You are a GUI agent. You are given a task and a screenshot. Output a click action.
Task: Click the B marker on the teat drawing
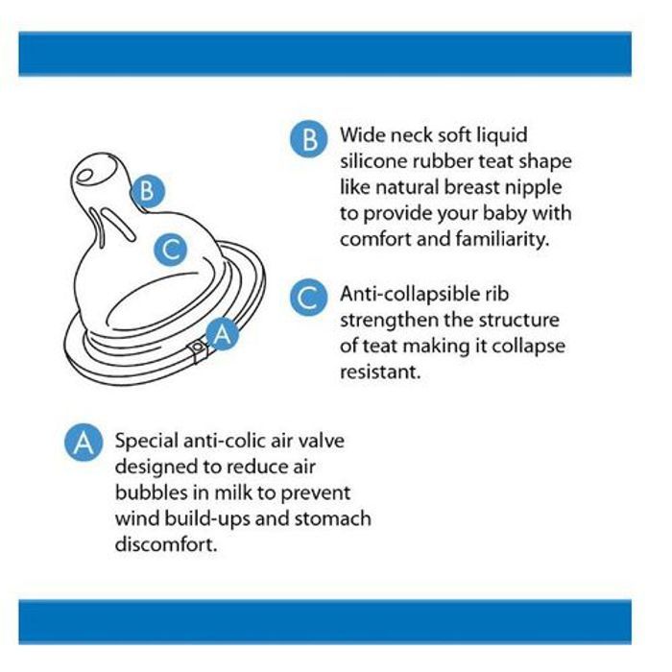tap(147, 191)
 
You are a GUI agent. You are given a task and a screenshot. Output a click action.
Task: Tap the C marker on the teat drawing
tap(171, 249)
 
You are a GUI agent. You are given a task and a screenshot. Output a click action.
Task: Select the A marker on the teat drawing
tap(222, 333)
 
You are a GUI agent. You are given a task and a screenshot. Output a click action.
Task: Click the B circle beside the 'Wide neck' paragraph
tap(308, 139)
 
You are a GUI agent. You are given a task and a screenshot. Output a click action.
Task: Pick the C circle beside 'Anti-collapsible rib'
tap(308, 297)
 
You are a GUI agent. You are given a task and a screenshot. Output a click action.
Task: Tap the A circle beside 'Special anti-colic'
tap(84, 443)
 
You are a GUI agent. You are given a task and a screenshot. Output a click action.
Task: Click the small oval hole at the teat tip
tap(84, 176)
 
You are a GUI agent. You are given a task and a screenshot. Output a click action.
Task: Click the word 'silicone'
tap(373, 161)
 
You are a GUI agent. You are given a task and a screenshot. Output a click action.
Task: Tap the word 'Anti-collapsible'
tap(410, 295)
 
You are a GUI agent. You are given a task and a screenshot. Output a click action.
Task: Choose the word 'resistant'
tap(380, 372)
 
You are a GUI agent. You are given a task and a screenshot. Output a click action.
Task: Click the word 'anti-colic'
tap(224, 441)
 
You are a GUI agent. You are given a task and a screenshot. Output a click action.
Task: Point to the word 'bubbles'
tap(152, 492)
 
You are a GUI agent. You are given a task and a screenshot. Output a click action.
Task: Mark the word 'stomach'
tap(332, 518)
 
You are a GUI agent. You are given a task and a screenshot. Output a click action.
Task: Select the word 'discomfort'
tap(166, 544)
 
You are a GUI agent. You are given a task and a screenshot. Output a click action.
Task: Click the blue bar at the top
tap(324, 54)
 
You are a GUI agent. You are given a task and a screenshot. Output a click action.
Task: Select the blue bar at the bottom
tap(324, 622)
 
